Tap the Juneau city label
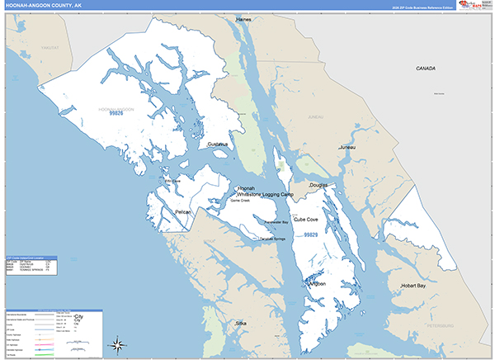pyautogui.click(x=347, y=147)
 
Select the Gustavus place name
pyautogui.click(x=218, y=144)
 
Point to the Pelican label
pyautogui.click(x=183, y=212)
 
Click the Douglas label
pyautogui.click(x=318, y=186)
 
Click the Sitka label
pyautogui.click(x=240, y=324)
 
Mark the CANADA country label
pyautogui.click(x=426, y=68)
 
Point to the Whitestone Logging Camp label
pyautogui.click(x=265, y=194)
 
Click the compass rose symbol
pyautogui.click(x=118, y=344)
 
